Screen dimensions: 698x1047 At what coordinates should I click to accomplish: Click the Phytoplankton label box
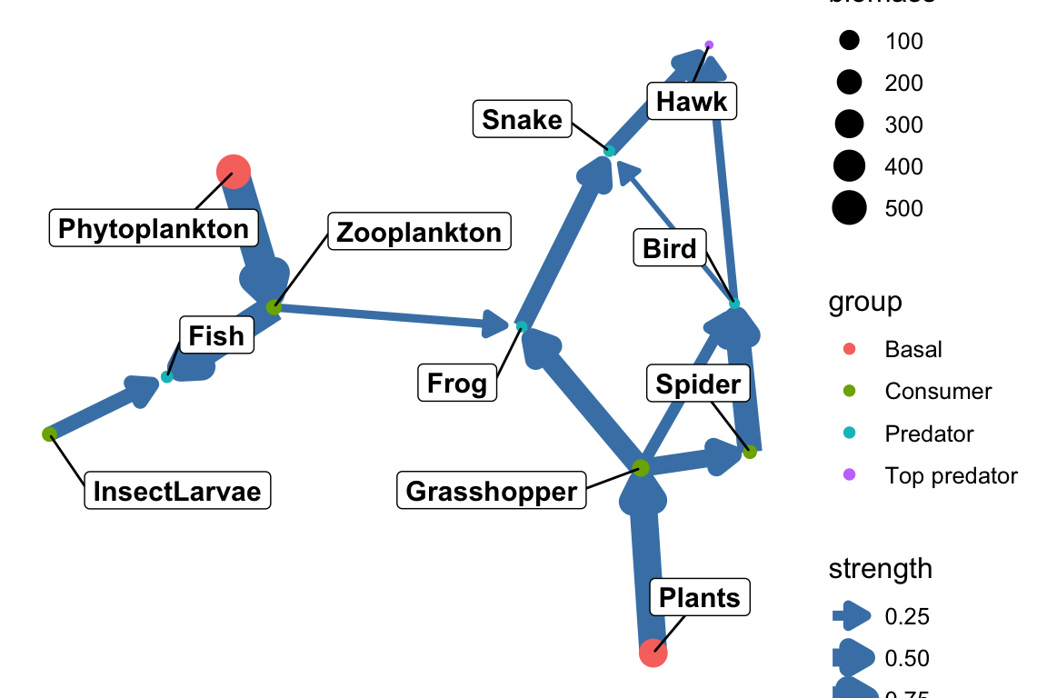point(154,229)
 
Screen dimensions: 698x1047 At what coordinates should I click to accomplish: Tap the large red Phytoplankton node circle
point(234,170)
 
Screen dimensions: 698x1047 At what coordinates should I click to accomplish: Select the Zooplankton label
point(418,232)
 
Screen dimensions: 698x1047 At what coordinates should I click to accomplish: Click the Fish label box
point(215,336)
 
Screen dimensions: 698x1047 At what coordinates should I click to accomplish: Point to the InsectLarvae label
point(177,492)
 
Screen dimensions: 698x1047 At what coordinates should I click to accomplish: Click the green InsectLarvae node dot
point(49,434)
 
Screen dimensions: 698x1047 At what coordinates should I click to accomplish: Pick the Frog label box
point(457,384)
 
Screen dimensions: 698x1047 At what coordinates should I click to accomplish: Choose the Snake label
point(522,119)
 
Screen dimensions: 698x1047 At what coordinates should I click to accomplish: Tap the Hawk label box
point(691,101)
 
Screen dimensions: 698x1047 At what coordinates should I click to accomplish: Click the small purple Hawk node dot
point(709,45)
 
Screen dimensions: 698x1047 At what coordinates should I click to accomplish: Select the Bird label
point(669,249)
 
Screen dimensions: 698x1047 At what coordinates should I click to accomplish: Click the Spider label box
point(698,384)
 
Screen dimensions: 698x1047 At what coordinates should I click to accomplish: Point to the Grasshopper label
point(491,492)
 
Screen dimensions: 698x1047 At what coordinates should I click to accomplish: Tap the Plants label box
point(700,598)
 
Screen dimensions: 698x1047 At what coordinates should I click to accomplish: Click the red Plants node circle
point(653,652)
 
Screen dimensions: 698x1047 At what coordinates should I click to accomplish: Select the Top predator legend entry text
point(951,475)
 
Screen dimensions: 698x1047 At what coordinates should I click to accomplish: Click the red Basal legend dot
point(849,349)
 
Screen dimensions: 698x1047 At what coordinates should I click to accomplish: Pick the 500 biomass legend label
point(903,208)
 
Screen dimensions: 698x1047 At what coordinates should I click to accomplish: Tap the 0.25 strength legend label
point(907,617)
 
